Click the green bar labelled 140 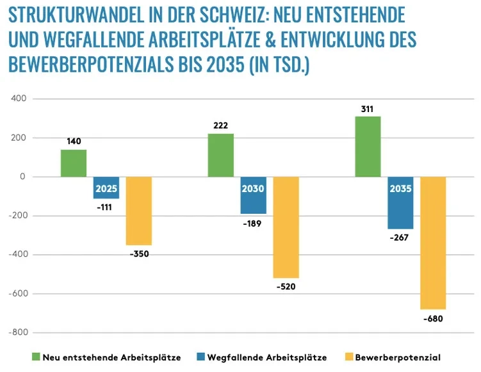74,163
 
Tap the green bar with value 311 368,147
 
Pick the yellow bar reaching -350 139,211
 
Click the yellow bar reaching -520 286,227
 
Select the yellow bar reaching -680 433,243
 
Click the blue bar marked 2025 106,188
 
